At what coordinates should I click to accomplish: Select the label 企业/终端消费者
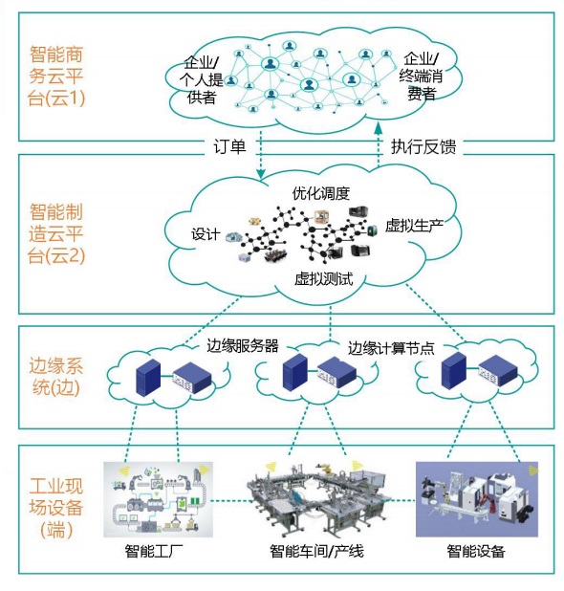coord(422,76)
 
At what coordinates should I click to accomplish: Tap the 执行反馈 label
coord(423,146)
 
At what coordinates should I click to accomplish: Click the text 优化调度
coord(320,192)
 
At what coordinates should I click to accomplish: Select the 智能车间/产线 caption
coord(316,552)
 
